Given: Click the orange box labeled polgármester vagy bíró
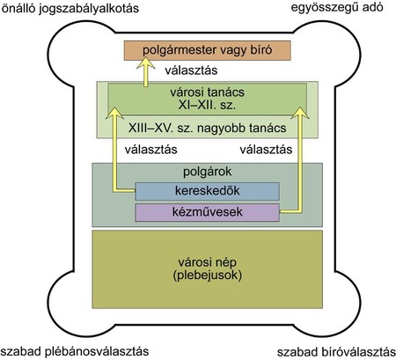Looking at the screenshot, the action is tap(208, 50).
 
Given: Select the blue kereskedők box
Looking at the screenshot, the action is tap(207, 191).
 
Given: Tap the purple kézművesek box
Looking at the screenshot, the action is tap(207, 212).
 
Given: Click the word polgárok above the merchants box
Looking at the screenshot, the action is tap(207, 172).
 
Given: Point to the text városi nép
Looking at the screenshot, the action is tap(207, 262).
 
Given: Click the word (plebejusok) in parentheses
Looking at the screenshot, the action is tap(207, 276).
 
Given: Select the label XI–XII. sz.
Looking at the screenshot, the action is tap(207, 105).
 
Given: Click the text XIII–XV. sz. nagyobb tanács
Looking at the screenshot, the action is tap(207, 129).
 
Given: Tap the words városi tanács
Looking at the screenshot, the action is tap(207, 92).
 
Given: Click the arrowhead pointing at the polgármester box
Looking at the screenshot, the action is tap(146, 63).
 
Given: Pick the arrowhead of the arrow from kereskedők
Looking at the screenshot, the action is tap(114, 113).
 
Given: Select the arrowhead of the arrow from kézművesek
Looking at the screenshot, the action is tap(300, 113).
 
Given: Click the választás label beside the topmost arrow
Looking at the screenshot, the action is tap(191, 70).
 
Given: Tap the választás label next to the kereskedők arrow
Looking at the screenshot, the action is tap(150, 150).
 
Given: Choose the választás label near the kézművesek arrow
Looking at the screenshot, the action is tap(266, 150).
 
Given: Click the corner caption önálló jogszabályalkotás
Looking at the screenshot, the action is tap(70, 8).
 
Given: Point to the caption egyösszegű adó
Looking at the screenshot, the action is tap(337, 8).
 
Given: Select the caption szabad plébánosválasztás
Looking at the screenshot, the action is tap(75, 351).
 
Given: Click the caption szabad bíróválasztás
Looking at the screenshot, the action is tap(336, 352).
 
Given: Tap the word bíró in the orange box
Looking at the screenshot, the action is tap(261, 50).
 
